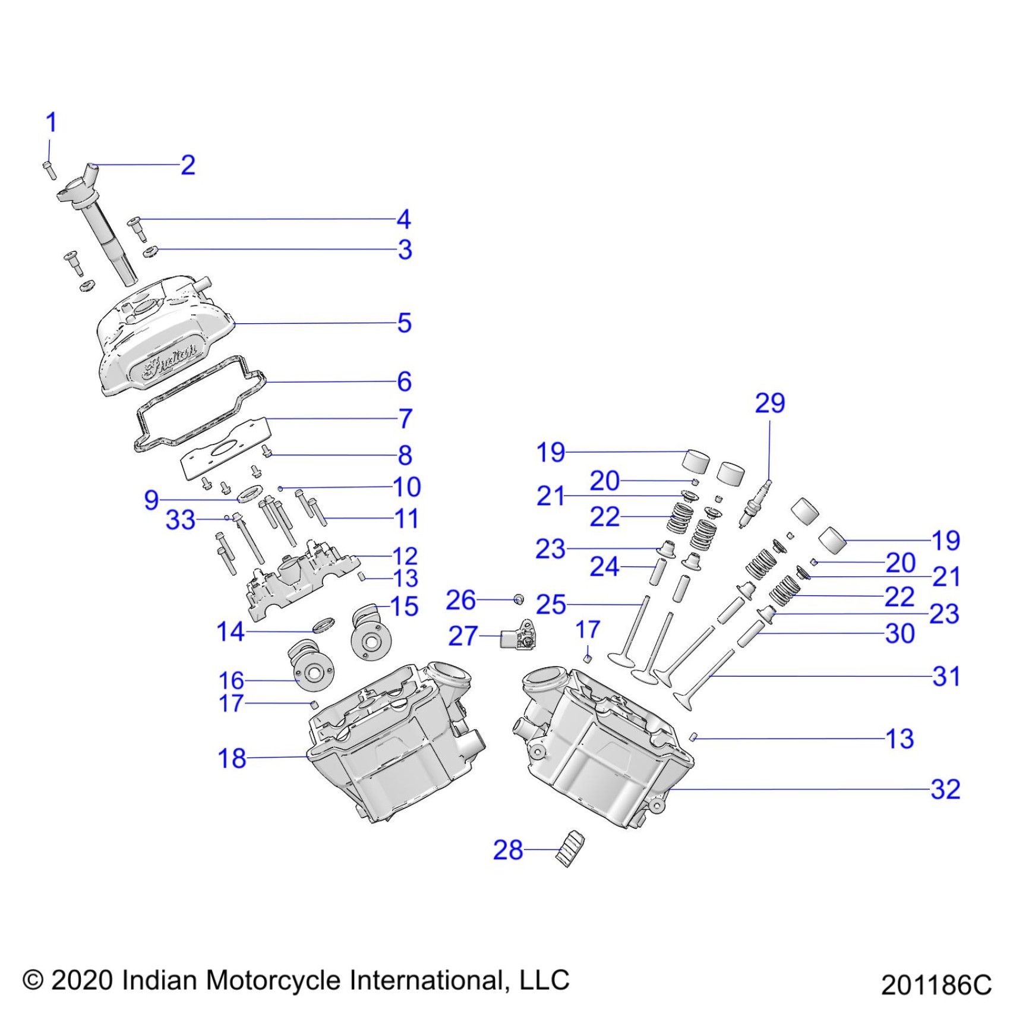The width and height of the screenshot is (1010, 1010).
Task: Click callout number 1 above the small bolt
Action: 51,123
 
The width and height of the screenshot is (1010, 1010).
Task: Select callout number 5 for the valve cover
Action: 404,323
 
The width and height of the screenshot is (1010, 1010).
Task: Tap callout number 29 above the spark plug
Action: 769,403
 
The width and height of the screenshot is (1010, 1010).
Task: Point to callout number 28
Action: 508,850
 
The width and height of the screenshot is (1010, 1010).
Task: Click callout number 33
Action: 181,520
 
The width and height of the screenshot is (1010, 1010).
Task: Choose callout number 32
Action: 945,790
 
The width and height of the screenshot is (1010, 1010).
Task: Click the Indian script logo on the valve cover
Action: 170,361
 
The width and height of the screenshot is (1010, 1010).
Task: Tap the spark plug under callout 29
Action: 755,504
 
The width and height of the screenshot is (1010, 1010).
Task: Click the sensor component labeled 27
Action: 517,636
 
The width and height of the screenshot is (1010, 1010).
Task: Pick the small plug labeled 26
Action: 519,599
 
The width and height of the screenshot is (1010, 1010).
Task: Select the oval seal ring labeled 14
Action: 323,624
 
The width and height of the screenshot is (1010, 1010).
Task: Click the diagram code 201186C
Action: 936,984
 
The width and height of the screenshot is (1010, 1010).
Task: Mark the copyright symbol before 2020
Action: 33,980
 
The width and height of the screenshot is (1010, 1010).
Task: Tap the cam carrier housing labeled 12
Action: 297,579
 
